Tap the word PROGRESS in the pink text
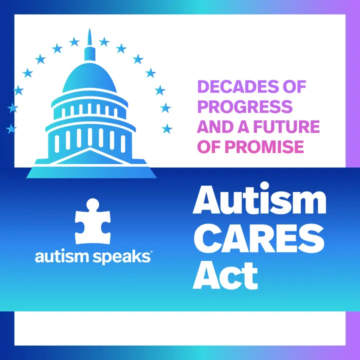point(245,106)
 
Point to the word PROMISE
point(266,146)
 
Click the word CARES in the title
point(259,238)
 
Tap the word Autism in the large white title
point(259,199)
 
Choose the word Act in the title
point(225,275)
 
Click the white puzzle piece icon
point(93,221)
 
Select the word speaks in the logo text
point(121,257)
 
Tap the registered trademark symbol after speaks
point(151,252)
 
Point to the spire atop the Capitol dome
point(90,36)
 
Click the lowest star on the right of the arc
point(167,128)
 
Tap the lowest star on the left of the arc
point(11,128)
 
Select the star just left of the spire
point(74,42)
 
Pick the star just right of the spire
point(104,42)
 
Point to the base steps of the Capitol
point(91,172)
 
